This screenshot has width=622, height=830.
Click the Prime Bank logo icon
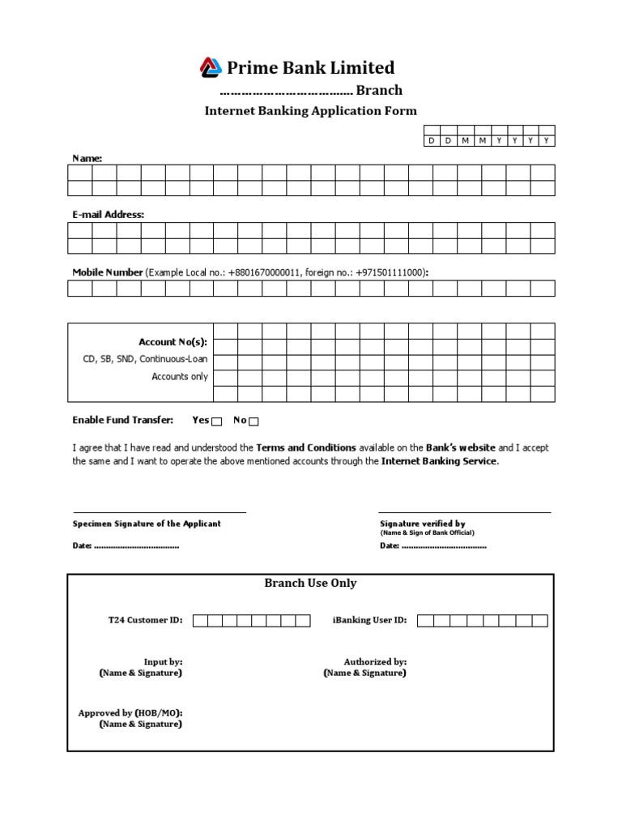[211, 66]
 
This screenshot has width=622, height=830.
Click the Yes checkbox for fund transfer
[216, 421]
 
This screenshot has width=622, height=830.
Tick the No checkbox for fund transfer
[253, 421]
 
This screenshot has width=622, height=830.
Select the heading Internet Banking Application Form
[310, 111]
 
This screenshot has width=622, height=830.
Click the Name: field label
[87, 158]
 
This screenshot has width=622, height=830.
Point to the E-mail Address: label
[109, 215]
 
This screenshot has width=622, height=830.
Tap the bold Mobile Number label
[108, 272]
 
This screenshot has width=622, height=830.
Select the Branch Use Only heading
[310, 584]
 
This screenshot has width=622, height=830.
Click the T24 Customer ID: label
[145, 620]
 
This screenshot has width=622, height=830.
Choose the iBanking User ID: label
[369, 620]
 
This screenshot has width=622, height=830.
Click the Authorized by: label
[375, 662]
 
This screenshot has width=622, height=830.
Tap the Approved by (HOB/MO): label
[130, 713]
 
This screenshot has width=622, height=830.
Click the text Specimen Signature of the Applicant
[147, 524]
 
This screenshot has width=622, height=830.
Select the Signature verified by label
[422, 524]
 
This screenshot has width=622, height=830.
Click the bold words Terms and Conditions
[306, 447]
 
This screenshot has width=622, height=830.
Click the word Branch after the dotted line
[379, 91]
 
